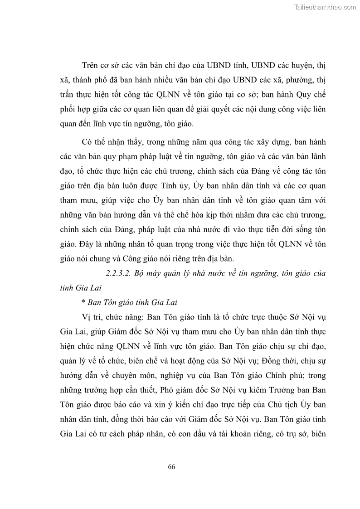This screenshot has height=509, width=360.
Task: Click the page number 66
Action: tap(171, 466)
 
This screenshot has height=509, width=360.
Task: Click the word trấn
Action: tap(68, 94)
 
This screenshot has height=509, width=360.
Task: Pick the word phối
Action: tap(68, 109)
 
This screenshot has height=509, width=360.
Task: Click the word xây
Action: tap(251, 142)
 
